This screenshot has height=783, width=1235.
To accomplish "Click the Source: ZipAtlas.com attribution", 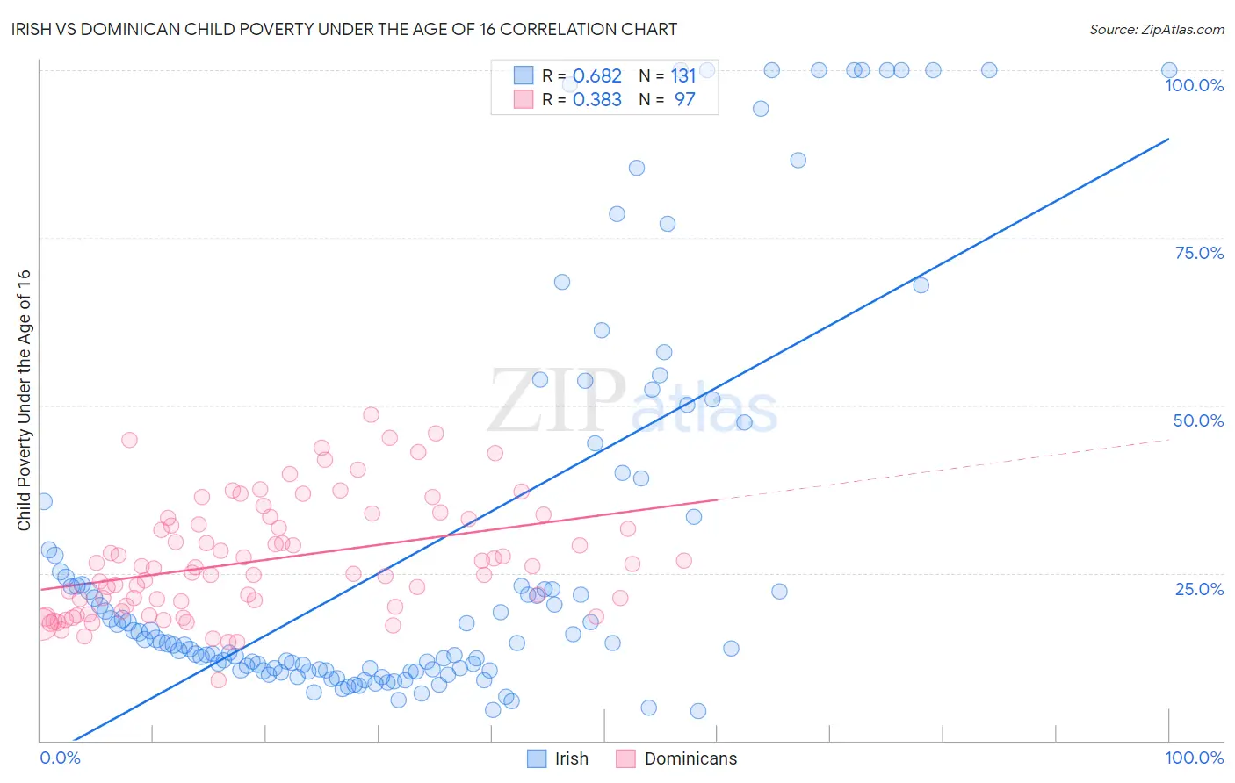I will (1156, 29).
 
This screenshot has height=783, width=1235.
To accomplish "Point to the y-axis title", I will (24, 399).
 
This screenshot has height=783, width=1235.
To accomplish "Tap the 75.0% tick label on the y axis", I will (1199, 253).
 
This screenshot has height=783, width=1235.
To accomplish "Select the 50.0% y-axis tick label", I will (1198, 420).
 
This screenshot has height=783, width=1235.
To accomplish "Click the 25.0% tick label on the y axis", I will (1199, 588).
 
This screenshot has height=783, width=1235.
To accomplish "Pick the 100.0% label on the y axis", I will (1194, 85).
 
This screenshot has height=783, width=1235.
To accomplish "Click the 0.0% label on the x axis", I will (60, 758).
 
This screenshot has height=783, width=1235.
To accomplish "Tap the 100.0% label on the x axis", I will (1194, 758).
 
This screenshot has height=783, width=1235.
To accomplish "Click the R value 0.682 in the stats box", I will (597, 76).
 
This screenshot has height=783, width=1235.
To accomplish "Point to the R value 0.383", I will (597, 100).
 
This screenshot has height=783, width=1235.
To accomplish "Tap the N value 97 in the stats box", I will (684, 100).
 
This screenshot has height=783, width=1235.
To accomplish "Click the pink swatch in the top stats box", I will (524, 99).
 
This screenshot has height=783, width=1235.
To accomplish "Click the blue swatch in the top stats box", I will (524, 75).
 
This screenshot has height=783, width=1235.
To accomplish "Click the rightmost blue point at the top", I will (1168, 70).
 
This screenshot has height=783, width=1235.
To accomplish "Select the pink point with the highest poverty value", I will (371, 414).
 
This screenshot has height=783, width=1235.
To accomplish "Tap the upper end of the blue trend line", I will (1168, 139).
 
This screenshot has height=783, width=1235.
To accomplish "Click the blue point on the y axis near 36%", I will (43, 501).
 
